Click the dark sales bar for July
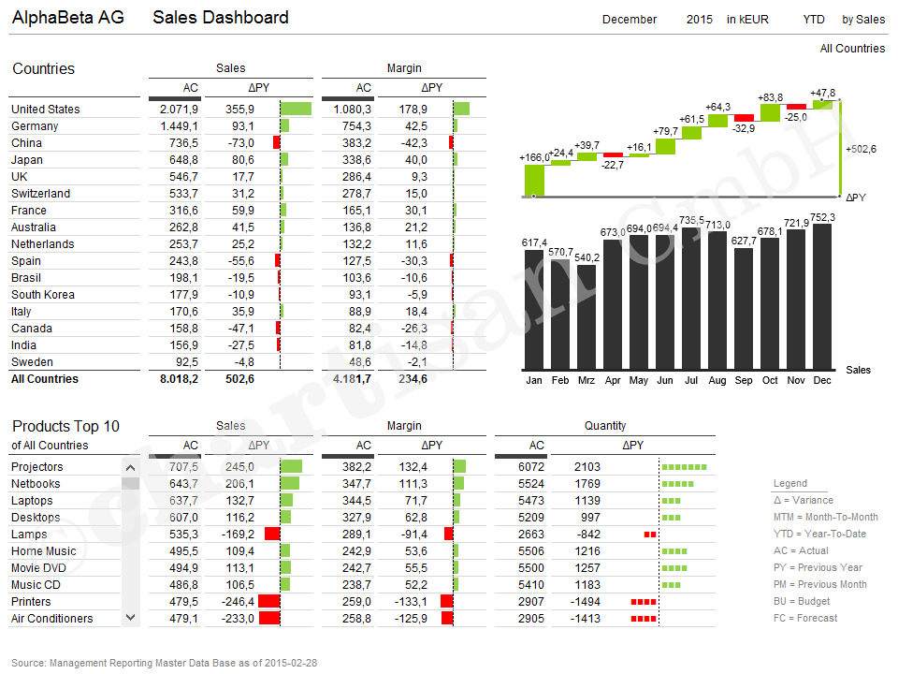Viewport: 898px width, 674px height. (x=691, y=300)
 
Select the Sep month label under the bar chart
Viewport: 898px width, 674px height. (x=744, y=381)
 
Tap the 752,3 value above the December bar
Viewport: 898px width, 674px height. (x=822, y=217)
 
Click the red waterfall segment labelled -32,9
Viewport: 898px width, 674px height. (x=744, y=118)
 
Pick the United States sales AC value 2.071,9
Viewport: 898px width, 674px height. (x=180, y=110)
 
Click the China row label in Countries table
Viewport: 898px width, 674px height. (x=26, y=143)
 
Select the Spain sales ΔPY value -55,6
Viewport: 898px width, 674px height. (x=239, y=261)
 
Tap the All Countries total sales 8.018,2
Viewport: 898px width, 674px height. (x=179, y=379)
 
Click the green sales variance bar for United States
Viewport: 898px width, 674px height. (x=296, y=110)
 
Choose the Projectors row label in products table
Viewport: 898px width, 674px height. (x=37, y=467)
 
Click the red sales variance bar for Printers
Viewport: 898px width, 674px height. (x=269, y=602)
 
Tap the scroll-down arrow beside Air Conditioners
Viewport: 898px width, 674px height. (x=130, y=618)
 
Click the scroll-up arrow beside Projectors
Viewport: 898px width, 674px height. (x=130, y=468)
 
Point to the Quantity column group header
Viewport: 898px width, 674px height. (x=605, y=426)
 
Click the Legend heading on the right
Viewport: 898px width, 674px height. (x=790, y=483)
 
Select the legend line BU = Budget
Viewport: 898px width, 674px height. (x=802, y=601)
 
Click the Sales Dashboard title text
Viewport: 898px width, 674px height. (x=221, y=18)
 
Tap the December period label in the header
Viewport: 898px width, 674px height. (x=630, y=20)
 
